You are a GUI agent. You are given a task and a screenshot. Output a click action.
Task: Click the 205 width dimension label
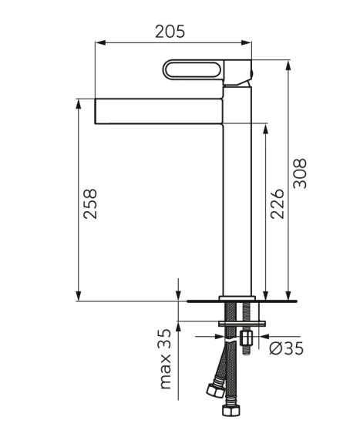pos(170,32)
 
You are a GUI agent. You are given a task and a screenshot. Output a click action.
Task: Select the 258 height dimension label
pos(90,203)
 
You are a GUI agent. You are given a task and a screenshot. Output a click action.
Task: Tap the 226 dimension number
pos(278,203)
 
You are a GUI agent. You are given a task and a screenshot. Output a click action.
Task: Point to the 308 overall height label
pos(300,173)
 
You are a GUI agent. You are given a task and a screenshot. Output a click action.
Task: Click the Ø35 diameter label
pos(286,348)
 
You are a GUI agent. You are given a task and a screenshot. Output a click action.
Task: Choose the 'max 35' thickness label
pos(165,359)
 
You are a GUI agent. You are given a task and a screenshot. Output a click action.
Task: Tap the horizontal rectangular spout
pos(159,111)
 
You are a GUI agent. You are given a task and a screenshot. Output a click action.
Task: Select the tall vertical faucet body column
pos(237,190)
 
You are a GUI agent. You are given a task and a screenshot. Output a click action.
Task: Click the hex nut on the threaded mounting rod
pos(247,338)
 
